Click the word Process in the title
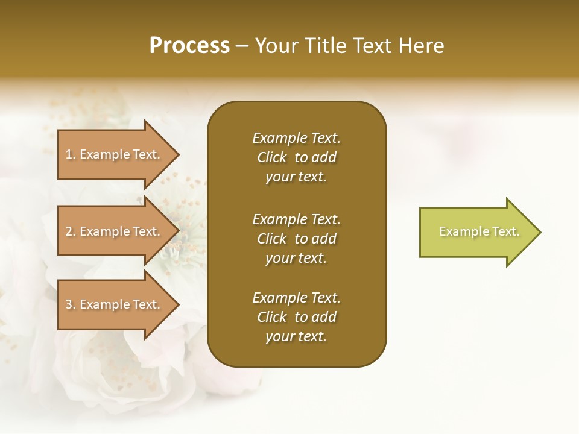pyautogui.click(x=189, y=46)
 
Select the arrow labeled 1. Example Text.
pyautogui.click(x=115, y=154)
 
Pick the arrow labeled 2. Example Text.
pyautogui.click(x=115, y=231)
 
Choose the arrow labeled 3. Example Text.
pyautogui.click(x=115, y=304)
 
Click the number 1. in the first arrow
pyautogui.click(x=70, y=154)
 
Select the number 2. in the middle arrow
pyautogui.click(x=70, y=231)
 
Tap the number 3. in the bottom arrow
pyautogui.click(x=70, y=304)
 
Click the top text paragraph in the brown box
pyautogui.click(x=296, y=157)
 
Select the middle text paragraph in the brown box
pyautogui.click(x=296, y=239)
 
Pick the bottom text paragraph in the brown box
pyautogui.click(x=296, y=317)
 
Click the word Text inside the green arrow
pyautogui.click(x=506, y=231)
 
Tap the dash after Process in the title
pyautogui.click(x=242, y=46)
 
